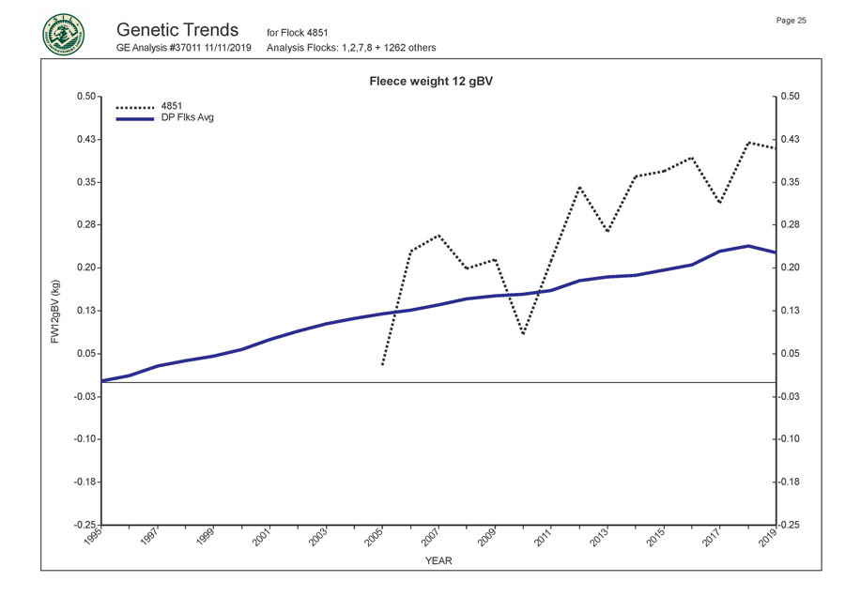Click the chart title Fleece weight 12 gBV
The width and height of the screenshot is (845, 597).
pyautogui.click(x=433, y=82)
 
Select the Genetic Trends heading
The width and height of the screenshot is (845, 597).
pyautogui.click(x=177, y=30)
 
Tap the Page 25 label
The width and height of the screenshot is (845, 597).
pyautogui.click(x=791, y=21)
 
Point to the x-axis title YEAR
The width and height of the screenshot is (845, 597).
pyautogui.click(x=438, y=561)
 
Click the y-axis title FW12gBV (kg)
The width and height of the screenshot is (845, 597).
pyautogui.click(x=55, y=310)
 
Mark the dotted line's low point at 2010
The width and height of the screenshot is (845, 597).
pyautogui.click(x=523, y=333)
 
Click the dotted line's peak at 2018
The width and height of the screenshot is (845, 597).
pyautogui.click(x=748, y=142)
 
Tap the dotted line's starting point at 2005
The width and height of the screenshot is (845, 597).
pyautogui.click(x=382, y=364)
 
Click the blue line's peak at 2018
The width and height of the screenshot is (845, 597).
pyautogui.click(x=748, y=246)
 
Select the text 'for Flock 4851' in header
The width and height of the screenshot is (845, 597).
pyautogui.click(x=297, y=34)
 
